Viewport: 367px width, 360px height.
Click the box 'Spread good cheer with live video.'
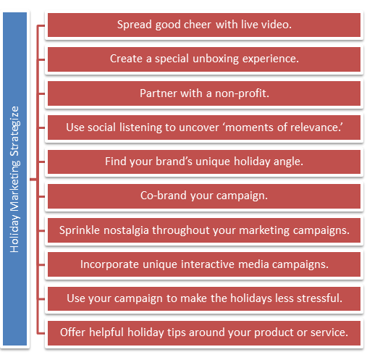click(x=204, y=25)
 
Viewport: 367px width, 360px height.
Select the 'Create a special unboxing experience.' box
click(x=204, y=59)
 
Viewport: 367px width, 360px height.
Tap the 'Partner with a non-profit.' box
click(x=204, y=93)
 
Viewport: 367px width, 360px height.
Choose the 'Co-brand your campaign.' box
click(x=204, y=196)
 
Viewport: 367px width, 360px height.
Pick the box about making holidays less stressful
click(x=204, y=298)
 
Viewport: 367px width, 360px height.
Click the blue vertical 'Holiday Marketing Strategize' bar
click(x=14, y=179)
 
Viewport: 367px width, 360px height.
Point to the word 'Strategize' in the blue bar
click(x=14, y=131)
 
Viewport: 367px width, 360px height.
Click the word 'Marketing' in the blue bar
click(x=14, y=185)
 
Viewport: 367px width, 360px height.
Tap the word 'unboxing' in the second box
click(x=216, y=59)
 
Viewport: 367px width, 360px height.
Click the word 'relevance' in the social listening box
click(x=314, y=127)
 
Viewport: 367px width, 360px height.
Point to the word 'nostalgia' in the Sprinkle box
click(x=126, y=230)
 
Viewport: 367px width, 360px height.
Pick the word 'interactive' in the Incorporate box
click(x=208, y=264)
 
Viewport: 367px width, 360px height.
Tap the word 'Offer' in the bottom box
click(x=72, y=332)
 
